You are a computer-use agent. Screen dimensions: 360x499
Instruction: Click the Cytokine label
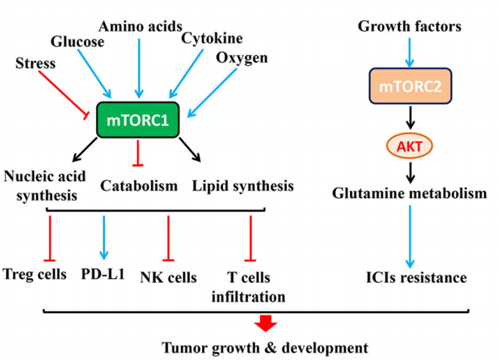[208, 36]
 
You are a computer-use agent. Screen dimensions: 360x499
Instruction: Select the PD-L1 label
[103, 273]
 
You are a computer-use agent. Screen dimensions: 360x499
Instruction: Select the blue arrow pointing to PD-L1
[104, 237]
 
